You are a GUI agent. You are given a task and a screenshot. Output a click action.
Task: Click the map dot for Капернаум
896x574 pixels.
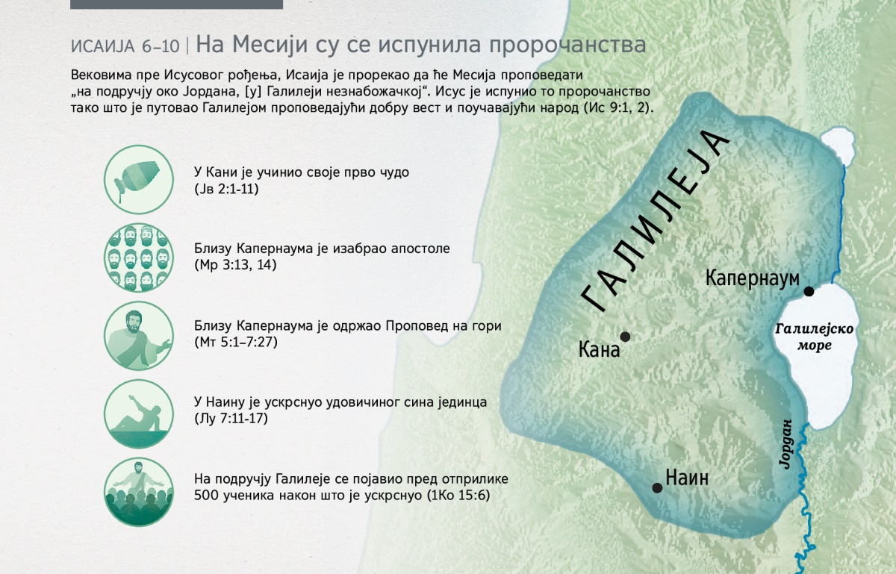coord(809,291)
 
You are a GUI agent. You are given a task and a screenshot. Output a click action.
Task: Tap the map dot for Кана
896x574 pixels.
coord(625,337)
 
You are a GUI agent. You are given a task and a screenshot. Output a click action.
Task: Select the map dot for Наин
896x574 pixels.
coord(657,487)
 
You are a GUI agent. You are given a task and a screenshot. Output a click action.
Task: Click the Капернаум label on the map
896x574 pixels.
coord(752,278)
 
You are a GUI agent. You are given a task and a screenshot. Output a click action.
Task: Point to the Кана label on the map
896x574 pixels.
coord(599,350)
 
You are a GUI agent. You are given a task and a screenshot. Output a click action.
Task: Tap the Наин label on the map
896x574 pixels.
coord(687,478)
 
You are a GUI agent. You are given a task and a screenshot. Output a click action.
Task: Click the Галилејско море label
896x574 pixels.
coord(815,337)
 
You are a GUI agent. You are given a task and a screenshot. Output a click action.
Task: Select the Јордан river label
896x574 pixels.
coord(785,443)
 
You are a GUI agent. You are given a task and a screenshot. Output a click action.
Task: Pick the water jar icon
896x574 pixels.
coord(139,179)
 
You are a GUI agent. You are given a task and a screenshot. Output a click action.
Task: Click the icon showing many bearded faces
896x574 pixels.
coord(139,258)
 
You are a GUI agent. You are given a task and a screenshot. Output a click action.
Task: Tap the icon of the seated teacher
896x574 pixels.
coord(139,336)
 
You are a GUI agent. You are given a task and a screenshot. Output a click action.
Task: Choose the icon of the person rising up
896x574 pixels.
coord(139,414)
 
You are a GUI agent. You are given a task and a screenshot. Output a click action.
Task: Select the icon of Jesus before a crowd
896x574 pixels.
coord(139,492)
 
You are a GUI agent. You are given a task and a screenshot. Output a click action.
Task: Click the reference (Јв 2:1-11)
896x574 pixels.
coord(226,189)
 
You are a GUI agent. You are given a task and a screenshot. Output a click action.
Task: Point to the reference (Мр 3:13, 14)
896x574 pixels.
coord(235,265)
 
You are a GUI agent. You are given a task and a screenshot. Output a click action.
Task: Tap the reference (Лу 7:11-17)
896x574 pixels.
coord(231,419)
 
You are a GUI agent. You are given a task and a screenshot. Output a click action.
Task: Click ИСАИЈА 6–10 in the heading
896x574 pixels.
coord(125,46)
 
